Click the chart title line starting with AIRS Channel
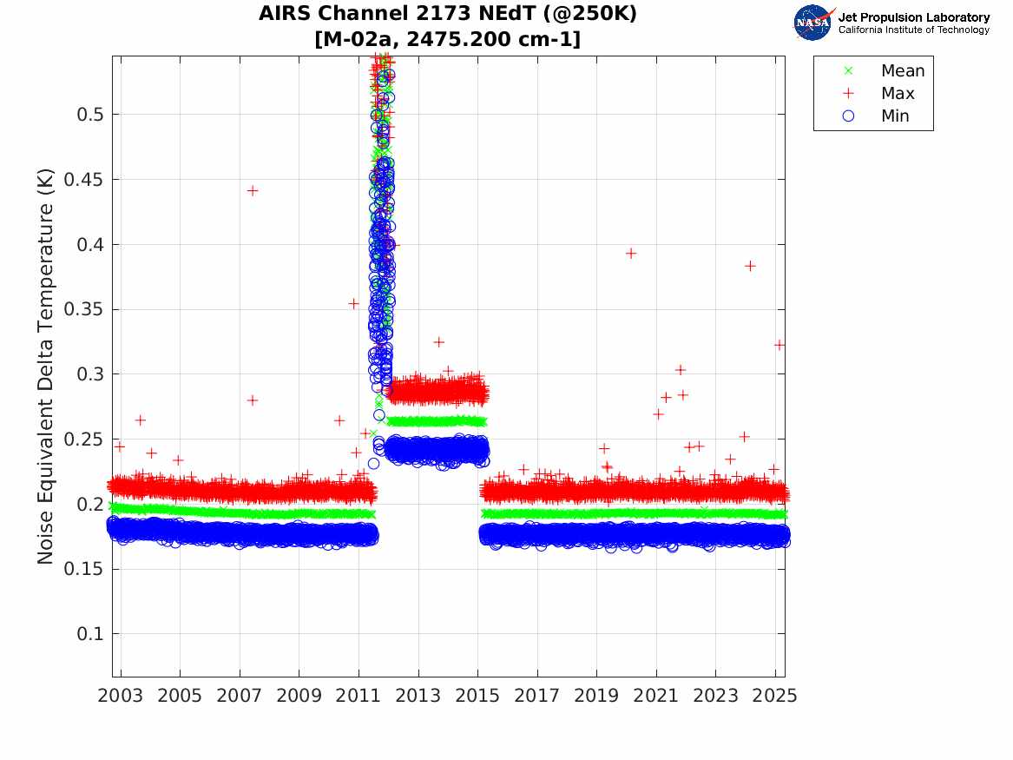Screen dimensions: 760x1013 click(x=448, y=15)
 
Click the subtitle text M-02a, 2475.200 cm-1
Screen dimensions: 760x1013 click(x=448, y=39)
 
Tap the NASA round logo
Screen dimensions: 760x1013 click(x=813, y=23)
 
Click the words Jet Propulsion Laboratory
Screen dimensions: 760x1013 click(x=914, y=17)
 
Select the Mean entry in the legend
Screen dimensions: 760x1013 click(x=902, y=71)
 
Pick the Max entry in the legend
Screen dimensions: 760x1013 click(x=897, y=94)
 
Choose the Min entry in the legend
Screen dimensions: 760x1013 click(x=895, y=116)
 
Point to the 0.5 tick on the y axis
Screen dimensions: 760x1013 click(x=90, y=115)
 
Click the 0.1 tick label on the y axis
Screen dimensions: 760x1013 click(x=90, y=634)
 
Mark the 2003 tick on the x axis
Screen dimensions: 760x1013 click(x=121, y=696)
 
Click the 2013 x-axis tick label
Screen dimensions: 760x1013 click(x=418, y=696)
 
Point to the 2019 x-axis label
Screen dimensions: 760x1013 click(x=596, y=696)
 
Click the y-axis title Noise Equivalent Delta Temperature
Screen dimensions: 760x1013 click(x=46, y=366)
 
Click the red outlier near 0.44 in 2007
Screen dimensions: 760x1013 click(x=253, y=190)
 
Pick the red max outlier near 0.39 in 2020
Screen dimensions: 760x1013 click(x=631, y=254)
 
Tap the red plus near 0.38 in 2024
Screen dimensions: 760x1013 click(x=750, y=266)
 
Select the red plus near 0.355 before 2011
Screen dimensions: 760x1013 click(x=354, y=304)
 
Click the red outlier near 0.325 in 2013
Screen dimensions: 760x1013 click(x=439, y=342)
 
